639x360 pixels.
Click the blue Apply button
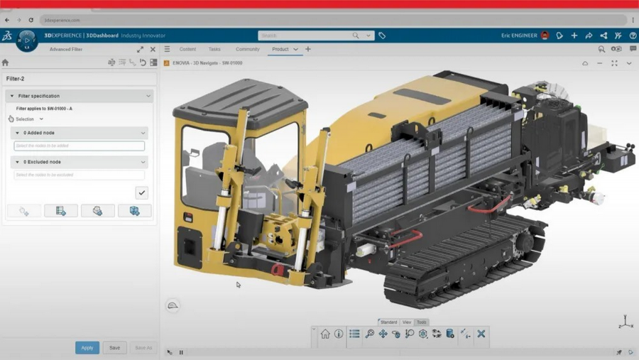[x=87, y=348]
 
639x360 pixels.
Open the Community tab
[x=247, y=50]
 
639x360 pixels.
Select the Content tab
[x=187, y=50]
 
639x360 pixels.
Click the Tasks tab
[x=214, y=50]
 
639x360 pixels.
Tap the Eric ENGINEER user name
[x=519, y=36]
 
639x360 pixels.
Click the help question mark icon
[x=633, y=36]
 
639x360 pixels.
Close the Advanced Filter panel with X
[x=153, y=50]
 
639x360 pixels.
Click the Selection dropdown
[x=28, y=119]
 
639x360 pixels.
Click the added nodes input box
[x=79, y=146]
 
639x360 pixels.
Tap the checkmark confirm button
[x=142, y=192]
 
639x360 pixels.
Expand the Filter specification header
[x=79, y=96]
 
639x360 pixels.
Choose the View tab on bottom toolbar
[x=407, y=322]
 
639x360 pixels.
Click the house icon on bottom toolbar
[x=325, y=334]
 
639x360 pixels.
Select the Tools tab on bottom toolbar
[x=422, y=322]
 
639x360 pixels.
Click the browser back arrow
[x=7, y=20]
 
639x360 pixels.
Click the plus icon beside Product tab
[x=308, y=50]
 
